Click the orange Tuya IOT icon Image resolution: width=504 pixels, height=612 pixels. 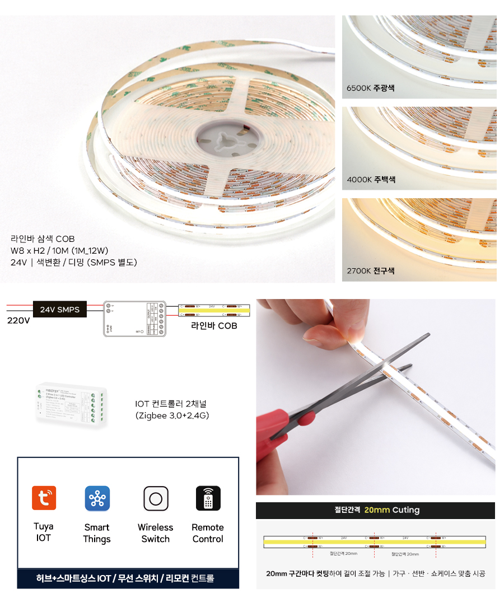click(x=44, y=498)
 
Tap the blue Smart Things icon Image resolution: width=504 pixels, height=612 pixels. click(x=97, y=498)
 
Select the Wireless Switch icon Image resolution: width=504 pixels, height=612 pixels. click(x=156, y=498)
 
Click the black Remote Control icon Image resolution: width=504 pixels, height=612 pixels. click(x=208, y=498)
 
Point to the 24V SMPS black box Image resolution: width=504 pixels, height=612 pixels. click(x=59, y=309)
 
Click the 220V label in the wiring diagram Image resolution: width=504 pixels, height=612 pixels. click(x=18, y=321)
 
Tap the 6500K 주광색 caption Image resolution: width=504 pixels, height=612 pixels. click(x=370, y=88)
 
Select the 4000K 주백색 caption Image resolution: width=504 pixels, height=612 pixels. click(x=371, y=180)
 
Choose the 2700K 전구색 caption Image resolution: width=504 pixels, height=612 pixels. click(x=370, y=271)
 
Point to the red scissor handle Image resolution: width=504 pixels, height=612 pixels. click(x=291, y=424)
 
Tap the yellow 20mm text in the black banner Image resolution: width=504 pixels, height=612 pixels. click(x=376, y=510)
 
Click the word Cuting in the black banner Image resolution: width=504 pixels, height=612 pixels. click(x=406, y=510)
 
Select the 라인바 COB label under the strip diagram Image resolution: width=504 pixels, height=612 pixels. click(x=214, y=326)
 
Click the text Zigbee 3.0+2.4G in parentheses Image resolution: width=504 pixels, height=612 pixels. click(x=172, y=415)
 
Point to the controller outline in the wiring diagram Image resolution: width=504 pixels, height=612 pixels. click(x=134, y=319)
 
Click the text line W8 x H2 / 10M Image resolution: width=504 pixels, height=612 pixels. click(x=59, y=250)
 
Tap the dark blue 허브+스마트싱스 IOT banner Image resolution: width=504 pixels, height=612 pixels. click(x=128, y=578)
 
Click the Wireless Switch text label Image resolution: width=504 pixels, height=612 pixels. click(x=155, y=533)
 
